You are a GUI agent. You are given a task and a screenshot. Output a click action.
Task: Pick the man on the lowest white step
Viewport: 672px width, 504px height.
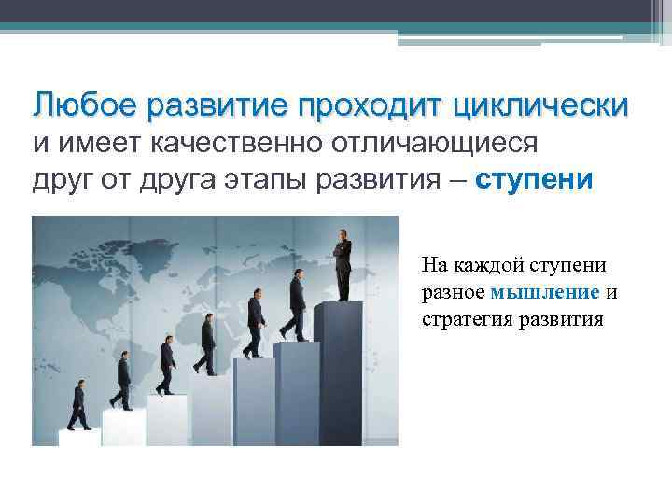(78, 407)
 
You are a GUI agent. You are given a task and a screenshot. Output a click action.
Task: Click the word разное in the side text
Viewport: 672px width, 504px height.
(453, 291)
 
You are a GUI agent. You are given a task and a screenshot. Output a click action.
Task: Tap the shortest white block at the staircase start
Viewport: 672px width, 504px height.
(78, 437)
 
